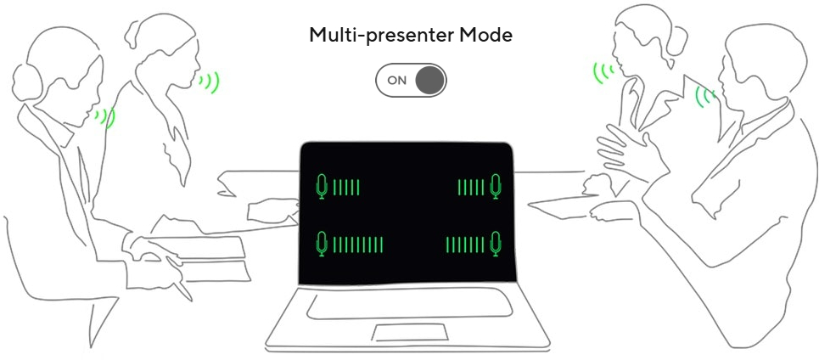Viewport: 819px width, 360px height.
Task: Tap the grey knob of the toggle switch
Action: tap(430, 80)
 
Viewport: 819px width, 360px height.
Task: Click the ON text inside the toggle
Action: tap(397, 81)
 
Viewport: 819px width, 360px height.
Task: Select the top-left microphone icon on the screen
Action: tap(323, 187)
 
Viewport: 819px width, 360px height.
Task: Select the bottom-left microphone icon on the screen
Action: tap(323, 244)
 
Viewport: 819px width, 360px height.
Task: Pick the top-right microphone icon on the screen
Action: tap(496, 187)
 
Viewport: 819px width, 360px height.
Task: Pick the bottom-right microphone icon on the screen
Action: tap(496, 244)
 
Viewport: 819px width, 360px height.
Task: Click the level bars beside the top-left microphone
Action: tap(346, 187)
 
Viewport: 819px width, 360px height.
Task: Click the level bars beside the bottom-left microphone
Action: tap(358, 245)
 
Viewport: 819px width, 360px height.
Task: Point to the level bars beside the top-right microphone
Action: tap(471, 187)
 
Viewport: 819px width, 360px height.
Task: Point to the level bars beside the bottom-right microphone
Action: tap(465, 245)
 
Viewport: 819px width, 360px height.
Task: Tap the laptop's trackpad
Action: tap(411, 332)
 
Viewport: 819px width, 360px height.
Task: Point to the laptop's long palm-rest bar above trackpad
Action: tap(409, 305)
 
